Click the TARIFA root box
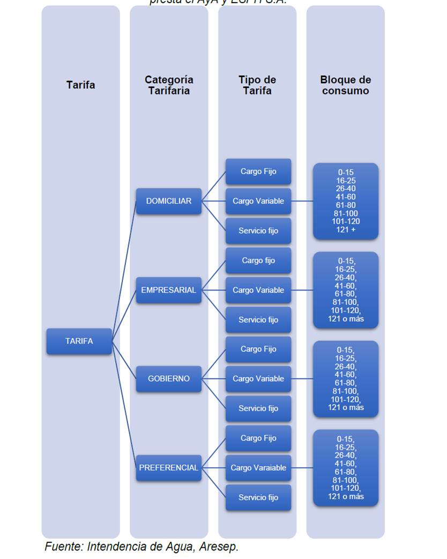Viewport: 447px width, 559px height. pyautogui.click(x=79, y=341)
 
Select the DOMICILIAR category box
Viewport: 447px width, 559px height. pyautogui.click(x=168, y=201)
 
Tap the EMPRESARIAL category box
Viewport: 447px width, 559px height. pyautogui.click(x=168, y=290)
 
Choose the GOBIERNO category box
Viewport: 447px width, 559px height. pyautogui.click(x=168, y=378)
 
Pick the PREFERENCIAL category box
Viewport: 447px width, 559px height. pyautogui.click(x=168, y=467)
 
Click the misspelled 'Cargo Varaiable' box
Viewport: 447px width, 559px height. pyautogui.click(x=258, y=467)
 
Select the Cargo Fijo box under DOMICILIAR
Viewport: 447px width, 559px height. pyautogui.click(x=258, y=172)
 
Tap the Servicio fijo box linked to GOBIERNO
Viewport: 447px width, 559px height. pyautogui.click(x=258, y=408)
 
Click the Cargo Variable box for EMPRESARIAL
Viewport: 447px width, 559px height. pyautogui.click(x=258, y=290)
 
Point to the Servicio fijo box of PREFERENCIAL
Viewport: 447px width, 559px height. pyautogui.click(x=258, y=497)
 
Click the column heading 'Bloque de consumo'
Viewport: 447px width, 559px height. pyautogui.click(x=346, y=85)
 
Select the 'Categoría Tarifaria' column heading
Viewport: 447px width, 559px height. pyautogui.click(x=169, y=85)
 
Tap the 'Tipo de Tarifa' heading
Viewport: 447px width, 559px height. pyautogui.click(x=257, y=85)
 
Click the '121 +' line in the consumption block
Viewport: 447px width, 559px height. pyautogui.click(x=346, y=229)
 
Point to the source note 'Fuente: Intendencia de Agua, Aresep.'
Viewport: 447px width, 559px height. pyautogui.click(x=141, y=547)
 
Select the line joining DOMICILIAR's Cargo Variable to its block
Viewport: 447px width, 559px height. pyautogui.click(x=302, y=202)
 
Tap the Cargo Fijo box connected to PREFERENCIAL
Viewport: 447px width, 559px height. pyautogui.click(x=258, y=438)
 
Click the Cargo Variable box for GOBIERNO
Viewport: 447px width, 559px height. pyautogui.click(x=258, y=378)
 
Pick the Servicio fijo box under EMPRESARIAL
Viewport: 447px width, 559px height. pyautogui.click(x=258, y=319)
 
